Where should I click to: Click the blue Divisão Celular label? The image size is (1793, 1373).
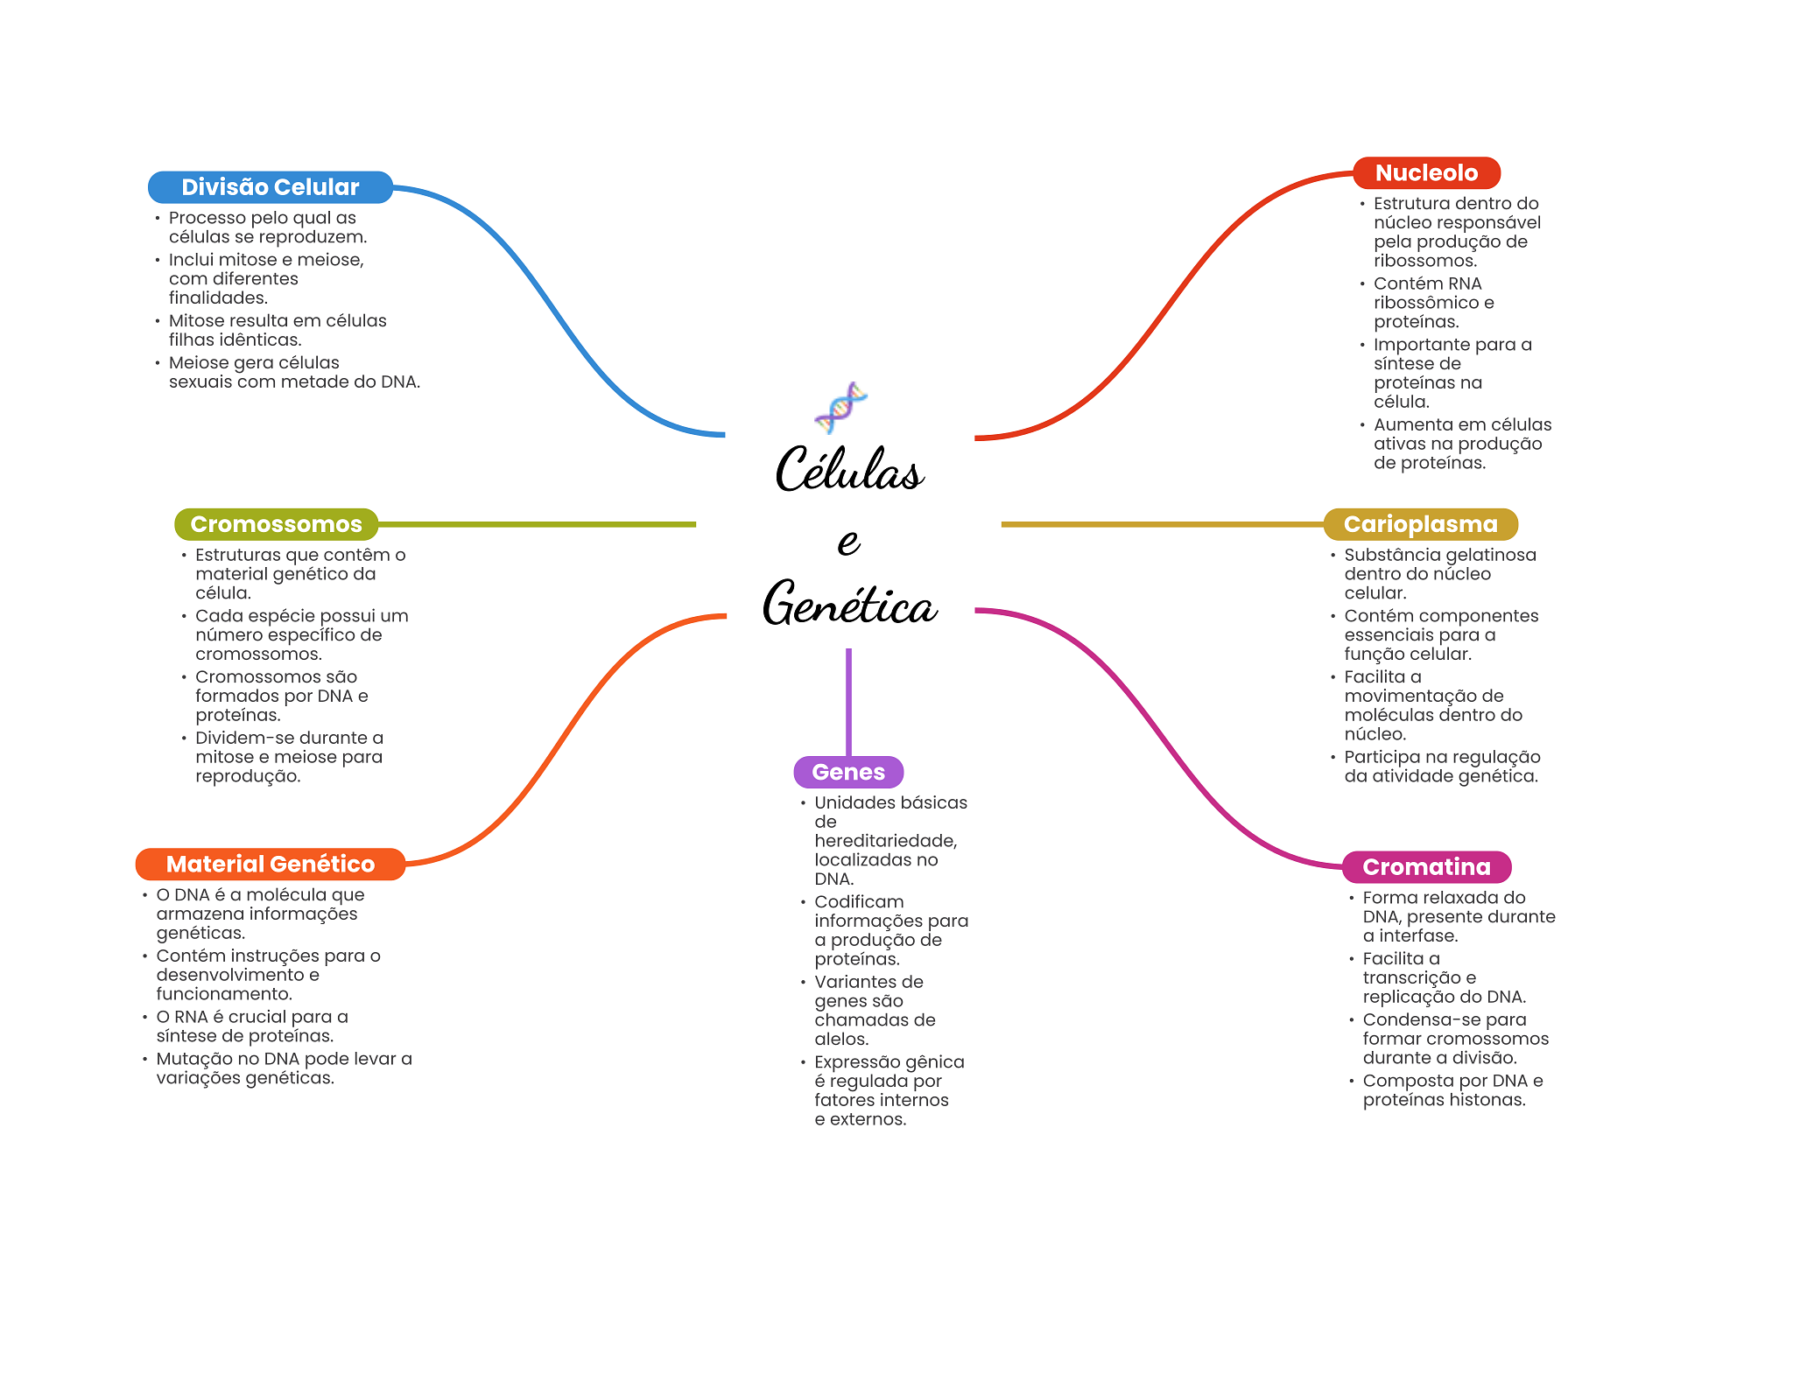pyautogui.click(x=270, y=187)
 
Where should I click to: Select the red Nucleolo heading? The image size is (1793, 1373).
pyautogui.click(x=1426, y=173)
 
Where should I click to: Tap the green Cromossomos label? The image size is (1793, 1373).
pyautogui.click(x=276, y=524)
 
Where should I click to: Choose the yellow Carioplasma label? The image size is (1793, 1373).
pyautogui.click(x=1420, y=524)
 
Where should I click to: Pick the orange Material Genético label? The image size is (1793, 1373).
pyautogui.click(x=270, y=865)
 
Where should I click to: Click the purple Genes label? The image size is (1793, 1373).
pyautogui.click(x=847, y=772)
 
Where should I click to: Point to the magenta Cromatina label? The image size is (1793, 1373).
pyautogui.click(x=1426, y=867)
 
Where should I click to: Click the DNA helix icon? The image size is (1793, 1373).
pyautogui.click(x=840, y=408)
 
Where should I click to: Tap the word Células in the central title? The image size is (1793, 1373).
pyautogui.click(x=849, y=470)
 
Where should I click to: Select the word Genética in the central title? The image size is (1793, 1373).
pyautogui.click(x=849, y=604)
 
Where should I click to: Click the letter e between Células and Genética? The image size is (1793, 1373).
pyautogui.click(x=847, y=542)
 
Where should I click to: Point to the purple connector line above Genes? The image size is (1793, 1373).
pyautogui.click(x=848, y=700)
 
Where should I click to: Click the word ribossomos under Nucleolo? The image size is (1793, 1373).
pyautogui.click(x=1424, y=261)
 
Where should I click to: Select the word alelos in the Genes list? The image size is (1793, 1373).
pyautogui.click(x=840, y=1040)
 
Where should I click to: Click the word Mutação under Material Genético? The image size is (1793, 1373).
pyautogui.click(x=193, y=1059)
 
